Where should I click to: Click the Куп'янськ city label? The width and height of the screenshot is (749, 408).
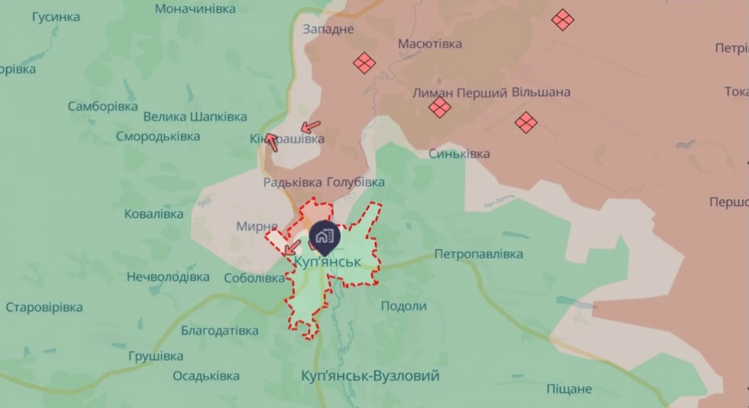[x=328, y=261]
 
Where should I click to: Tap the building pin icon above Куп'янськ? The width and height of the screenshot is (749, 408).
[x=323, y=236]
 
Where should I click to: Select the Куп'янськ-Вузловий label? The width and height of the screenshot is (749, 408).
[x=370, y=376]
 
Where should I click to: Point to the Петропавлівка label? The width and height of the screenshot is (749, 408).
[x=479, y=254]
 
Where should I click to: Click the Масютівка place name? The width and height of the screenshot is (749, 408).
[x=430, y=44]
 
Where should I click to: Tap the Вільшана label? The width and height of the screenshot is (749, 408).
[x=541, y=92]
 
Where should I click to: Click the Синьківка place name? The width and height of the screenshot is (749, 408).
[x=459, y=154]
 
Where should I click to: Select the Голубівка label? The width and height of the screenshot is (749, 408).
[x=356, y=182]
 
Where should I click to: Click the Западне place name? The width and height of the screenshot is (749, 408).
[x=328, y=29]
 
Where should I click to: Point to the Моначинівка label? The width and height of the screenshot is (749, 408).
[x=195, y=9]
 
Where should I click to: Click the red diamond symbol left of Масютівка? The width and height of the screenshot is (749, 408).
[x=365, y=63]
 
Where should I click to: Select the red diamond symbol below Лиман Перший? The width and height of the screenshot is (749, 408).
[x=440, y=107]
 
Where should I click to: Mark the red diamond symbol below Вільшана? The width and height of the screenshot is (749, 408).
[x=526, y=122]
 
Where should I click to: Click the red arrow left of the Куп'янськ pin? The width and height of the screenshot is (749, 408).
[x=292, y=247]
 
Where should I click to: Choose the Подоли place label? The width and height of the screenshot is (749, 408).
[x=404, y=306]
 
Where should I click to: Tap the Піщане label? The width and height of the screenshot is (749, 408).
[x=569, y=389]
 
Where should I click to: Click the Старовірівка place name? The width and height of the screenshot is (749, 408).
[x=44, y=307]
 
